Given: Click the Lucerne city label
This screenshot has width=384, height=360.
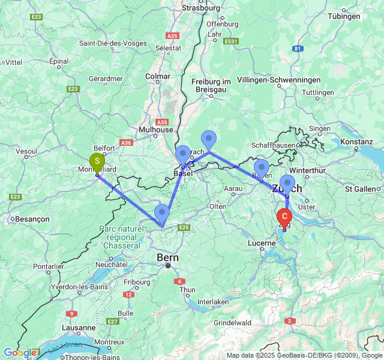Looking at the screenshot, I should point(262,243).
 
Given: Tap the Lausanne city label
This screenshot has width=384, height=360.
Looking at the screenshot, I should point(79,328).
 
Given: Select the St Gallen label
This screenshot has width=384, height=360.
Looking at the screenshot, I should point(361,189).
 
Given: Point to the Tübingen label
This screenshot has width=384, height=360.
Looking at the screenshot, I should point(347,16).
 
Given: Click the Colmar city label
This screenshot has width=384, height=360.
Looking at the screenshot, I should point(158,76).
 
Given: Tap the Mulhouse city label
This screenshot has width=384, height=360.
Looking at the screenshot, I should point(155,130).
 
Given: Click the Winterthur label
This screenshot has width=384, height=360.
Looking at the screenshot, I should point(307,170).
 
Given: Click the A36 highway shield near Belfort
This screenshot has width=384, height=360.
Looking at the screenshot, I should point(126,143).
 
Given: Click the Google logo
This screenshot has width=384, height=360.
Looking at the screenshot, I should point(18,353).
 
